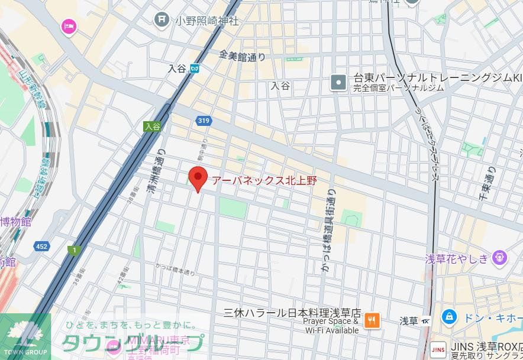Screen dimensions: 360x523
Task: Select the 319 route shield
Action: click(203, 121)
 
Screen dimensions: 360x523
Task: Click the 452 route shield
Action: click(41, 246)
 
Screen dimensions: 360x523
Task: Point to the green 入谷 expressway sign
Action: click(152, 126)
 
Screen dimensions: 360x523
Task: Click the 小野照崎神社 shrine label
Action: click(206, 21)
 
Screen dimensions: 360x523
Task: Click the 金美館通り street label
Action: click(242, 56)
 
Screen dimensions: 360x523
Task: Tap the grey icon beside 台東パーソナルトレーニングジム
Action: click(338, 82)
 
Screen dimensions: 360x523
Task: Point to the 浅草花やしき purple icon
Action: click(501, 258)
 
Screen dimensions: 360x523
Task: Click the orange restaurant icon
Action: click(372, 320)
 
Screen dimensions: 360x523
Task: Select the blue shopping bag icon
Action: click(449, 317)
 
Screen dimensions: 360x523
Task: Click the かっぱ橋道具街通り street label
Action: click(327, 231)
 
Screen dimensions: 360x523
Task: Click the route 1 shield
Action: click(74, 250)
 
